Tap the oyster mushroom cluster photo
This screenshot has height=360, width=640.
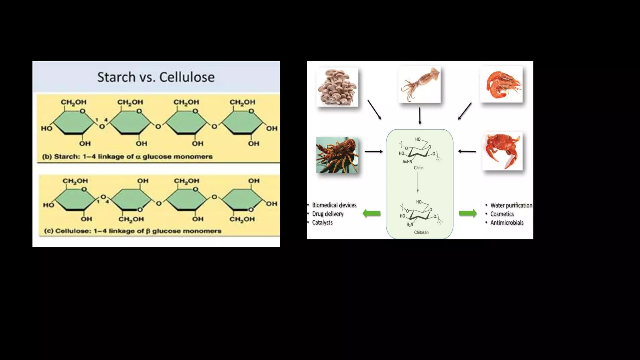pos(337,87)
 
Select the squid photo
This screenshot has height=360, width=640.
pos(419,84)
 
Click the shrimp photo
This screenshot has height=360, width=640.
pos(501,84)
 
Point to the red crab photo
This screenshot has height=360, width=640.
pos(502,151)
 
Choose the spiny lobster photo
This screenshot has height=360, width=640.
pos(337,155)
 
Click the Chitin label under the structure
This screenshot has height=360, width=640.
pos(418,168)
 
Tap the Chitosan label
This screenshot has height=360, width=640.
pos(421,232)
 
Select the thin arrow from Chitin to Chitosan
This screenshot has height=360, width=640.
pos(418,182)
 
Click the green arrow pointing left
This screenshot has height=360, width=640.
pos(372,213)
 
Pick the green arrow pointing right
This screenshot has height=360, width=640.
pos(468,213)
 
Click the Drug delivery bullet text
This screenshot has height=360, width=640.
pos(327,214)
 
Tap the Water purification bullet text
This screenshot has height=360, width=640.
pos(511,205)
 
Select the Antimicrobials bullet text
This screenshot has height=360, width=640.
pos(507,222)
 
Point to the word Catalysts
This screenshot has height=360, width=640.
pos(322,222)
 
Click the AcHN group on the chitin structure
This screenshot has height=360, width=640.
pos(407,162)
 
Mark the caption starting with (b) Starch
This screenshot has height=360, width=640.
pos(127,157)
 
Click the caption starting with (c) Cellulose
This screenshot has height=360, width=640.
pos(132,231)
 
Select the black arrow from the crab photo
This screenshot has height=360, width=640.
pos(467,152)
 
